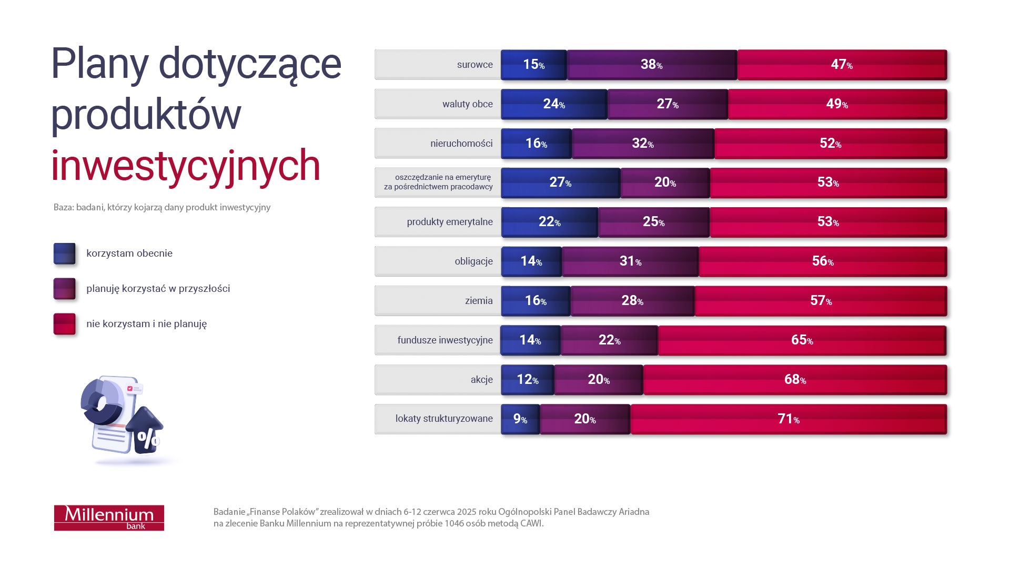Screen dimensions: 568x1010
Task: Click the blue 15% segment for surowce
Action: [x=533, y=65]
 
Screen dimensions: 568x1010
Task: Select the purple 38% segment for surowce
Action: [x=651, y=65]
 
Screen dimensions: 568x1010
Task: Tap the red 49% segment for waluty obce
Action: [x=836, y=104]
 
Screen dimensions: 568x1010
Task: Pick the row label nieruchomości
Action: [x=461, y=144]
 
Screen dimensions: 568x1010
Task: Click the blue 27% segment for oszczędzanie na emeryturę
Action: [x=560, y=182]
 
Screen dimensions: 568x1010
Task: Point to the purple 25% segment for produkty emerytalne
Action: [x=653, y=222]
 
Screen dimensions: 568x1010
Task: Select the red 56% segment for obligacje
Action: [x=822, y=261]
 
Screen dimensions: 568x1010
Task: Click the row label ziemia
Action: [x=478, y=301]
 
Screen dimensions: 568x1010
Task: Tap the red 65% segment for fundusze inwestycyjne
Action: [x=802, y=340]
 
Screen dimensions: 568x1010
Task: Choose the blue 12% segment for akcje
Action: [x=527, y=380]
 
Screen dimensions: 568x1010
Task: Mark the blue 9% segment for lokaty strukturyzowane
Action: [x=520, y=419]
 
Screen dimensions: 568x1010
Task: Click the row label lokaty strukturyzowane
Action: [x=443, y=419]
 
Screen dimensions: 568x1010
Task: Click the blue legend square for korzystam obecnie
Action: [x=64, y=253]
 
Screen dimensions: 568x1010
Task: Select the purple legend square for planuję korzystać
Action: [x=64, y=289]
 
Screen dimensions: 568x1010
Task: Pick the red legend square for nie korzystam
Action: [x=64, y=324]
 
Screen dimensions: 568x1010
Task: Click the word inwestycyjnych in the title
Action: [x=185, y=166]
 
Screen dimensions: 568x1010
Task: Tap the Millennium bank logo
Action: [x=109, y=518]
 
